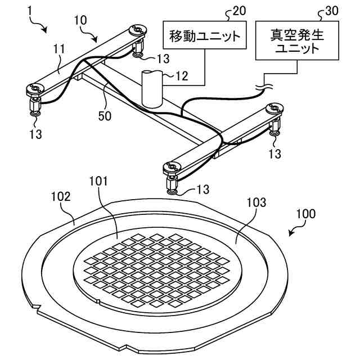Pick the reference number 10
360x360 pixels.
pos(80,19)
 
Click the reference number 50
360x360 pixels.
pos(105,116)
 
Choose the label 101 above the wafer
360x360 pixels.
pos(99,181)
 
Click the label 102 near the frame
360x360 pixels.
pos(60,197)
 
